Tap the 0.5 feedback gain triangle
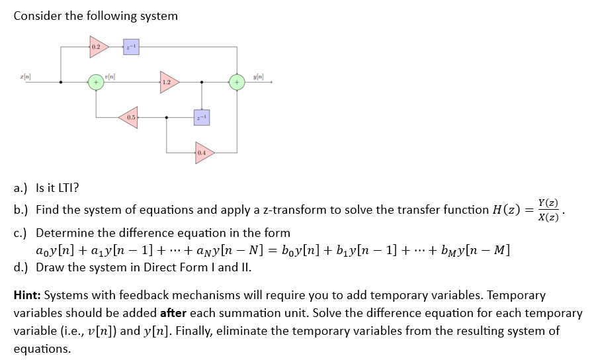click(x=129, y=118)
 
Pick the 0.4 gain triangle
click(x=203, y=153)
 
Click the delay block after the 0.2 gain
click(x=131, y=47)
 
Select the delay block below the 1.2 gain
click(x=202, y=118)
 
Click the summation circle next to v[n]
click(x=97, y=83)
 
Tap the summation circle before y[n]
click(x=237, y=83)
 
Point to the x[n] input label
click(x=24, y=78)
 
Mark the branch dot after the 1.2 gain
click(x=202, y=83)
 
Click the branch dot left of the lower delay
click(x=166, y=118)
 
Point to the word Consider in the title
click(x=37, y=15)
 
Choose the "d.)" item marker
click(x=22, y=267)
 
